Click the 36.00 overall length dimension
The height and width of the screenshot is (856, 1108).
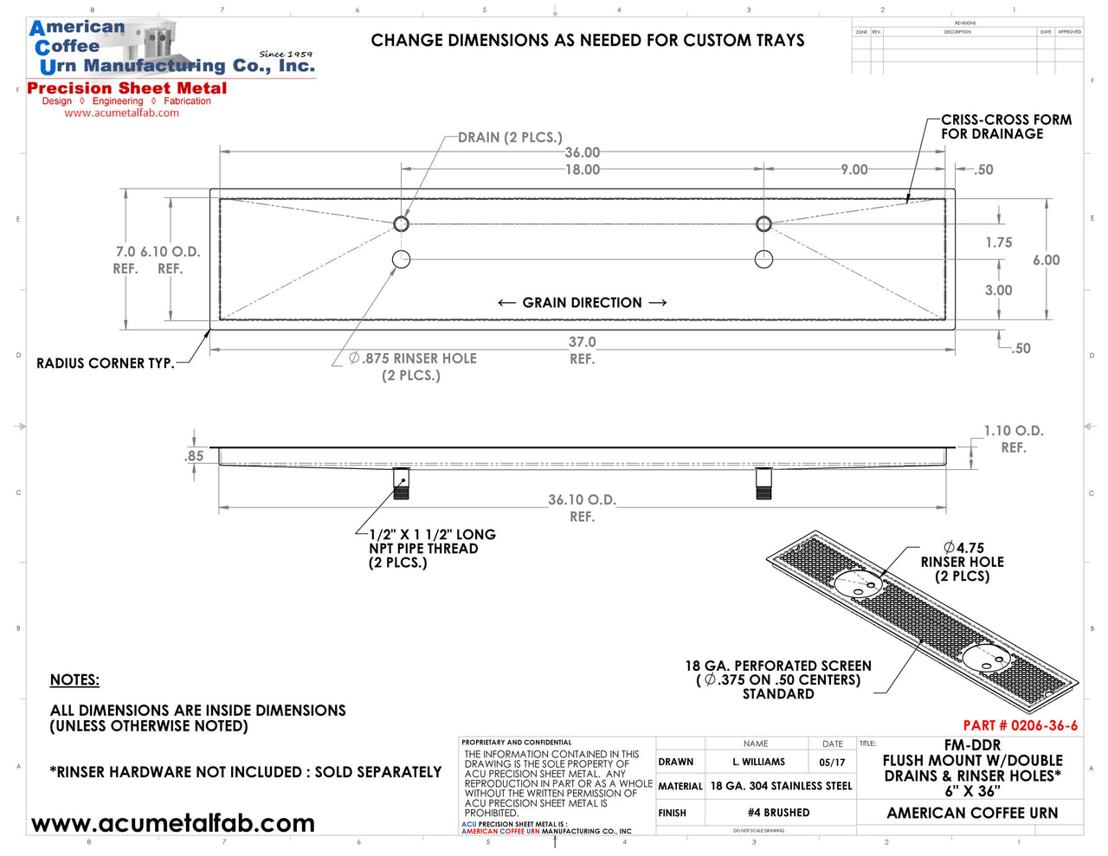click(x=582, y=152)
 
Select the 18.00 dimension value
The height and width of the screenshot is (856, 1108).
click(x=582, y=170)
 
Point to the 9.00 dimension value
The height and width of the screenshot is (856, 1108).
click(x=854, y=170)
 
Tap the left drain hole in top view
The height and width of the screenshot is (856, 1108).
click(x=401, y=224)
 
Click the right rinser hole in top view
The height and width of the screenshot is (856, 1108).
click(x=763, y=259)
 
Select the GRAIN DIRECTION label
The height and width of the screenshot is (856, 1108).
click(x=582, y=303)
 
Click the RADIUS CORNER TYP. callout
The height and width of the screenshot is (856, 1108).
click(x=105, y=364)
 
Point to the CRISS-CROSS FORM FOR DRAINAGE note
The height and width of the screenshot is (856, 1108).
click(x=1006, y=127)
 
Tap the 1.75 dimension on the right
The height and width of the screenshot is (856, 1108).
click(x=998, y=242)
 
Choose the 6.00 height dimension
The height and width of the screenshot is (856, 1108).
click(x=1046, y=260)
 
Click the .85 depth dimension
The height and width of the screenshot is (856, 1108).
click(x=195, y=456)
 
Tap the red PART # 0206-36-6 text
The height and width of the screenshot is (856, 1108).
click(x=1020, y=725)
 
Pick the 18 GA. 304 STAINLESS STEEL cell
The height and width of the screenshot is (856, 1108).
click(x=781, y=786)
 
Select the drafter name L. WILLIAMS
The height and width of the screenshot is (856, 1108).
click(x=758, y=763)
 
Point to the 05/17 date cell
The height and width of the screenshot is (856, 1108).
click(x=832, y=763)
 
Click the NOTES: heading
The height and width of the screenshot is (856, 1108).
click(x=74, y=680)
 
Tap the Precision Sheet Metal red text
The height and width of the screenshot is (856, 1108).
click(x=127, y=88)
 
